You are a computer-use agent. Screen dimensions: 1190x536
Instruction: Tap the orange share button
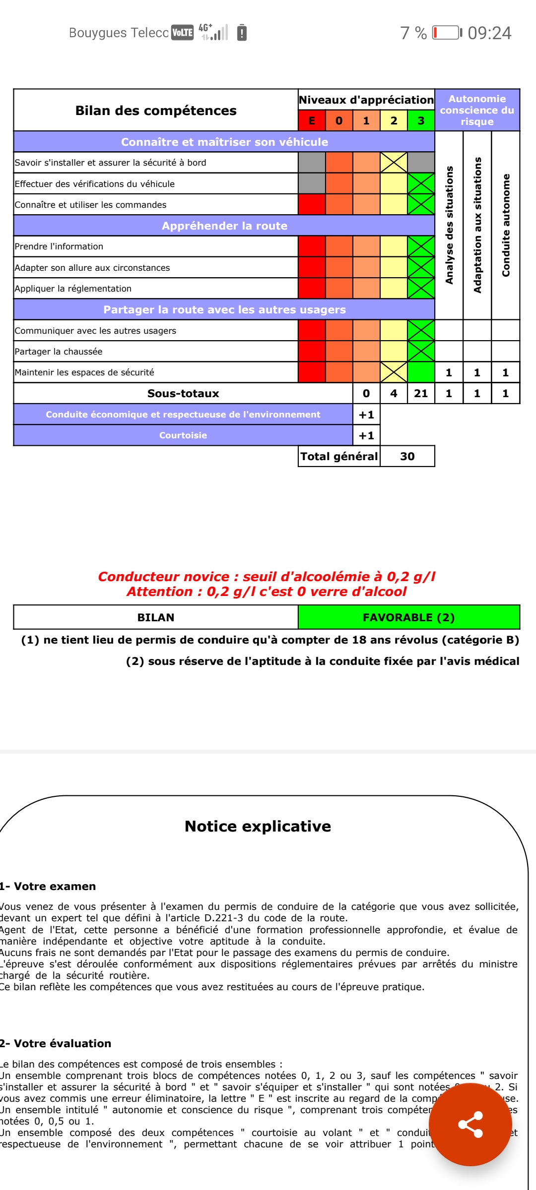coord(470,1124)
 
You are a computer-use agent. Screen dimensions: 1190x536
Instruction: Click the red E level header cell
coord(312,120)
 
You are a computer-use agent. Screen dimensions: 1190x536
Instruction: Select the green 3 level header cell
coord(421,120)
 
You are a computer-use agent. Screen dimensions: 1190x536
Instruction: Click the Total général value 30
coord(407,456)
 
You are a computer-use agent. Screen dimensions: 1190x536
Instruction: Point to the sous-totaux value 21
coord(421,393)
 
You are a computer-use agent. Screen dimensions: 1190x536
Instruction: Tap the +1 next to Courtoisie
coord(366,435)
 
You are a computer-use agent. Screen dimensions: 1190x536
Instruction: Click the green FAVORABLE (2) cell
coord(408,617)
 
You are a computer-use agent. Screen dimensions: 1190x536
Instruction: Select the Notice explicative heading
coord(258,826)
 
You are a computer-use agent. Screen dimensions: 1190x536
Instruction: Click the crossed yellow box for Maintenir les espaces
coord(394,372)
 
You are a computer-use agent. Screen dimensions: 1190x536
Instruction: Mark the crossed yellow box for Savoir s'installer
coord(394,162)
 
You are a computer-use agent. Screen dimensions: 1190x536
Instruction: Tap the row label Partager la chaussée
coord(59,352)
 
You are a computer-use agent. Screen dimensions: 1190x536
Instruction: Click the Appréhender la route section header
coord(224,226)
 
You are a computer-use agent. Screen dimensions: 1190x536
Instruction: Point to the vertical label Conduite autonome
coord(506,225)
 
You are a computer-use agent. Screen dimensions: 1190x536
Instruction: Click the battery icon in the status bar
coord(446,33)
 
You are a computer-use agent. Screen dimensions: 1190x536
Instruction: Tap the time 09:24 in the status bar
coord(489,33)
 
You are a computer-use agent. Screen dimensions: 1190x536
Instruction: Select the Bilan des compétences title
coord(156,110)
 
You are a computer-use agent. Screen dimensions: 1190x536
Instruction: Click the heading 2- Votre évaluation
coord(56,1043)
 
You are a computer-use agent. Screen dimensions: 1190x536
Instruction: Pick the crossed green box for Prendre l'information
coord(421,246)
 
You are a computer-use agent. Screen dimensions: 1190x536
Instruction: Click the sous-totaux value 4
coord(394,393)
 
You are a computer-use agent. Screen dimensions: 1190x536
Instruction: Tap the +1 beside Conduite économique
coord(366,415)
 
